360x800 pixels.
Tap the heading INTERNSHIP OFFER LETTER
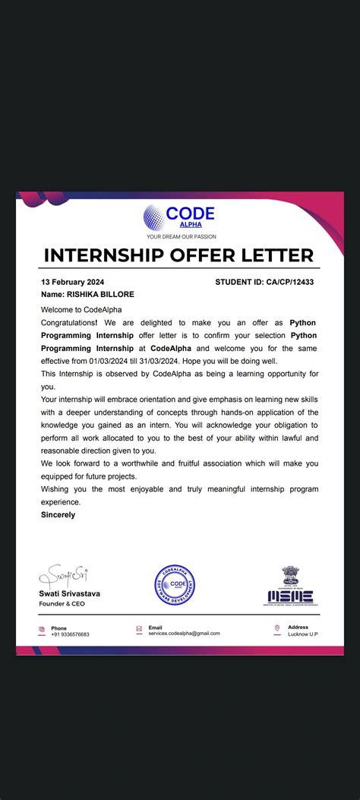(179, 255)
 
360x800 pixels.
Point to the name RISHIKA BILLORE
(90, 294)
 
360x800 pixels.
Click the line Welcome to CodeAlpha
(81, 309)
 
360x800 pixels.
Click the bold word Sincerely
(58, 514)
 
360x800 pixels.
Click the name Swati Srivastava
(69, 593)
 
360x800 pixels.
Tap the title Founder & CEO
(62, 604)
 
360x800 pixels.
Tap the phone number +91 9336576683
(70, 634)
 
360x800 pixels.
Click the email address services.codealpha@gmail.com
(184, 634)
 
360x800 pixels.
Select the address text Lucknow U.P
(302, 634)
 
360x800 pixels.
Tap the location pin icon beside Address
(276, 628)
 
